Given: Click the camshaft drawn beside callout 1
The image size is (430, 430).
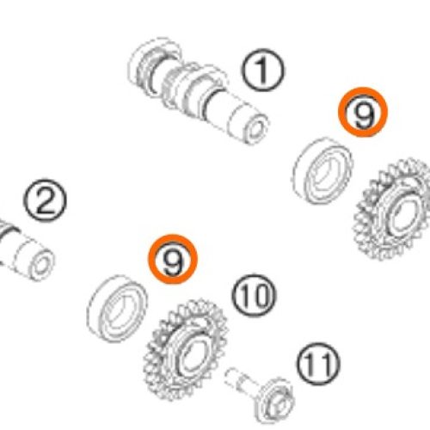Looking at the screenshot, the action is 198,92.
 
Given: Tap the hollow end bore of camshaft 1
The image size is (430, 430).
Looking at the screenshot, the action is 256,129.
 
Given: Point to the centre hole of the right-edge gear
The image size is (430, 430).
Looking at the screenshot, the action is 405,216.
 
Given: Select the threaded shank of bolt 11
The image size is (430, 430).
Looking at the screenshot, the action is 240,381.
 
